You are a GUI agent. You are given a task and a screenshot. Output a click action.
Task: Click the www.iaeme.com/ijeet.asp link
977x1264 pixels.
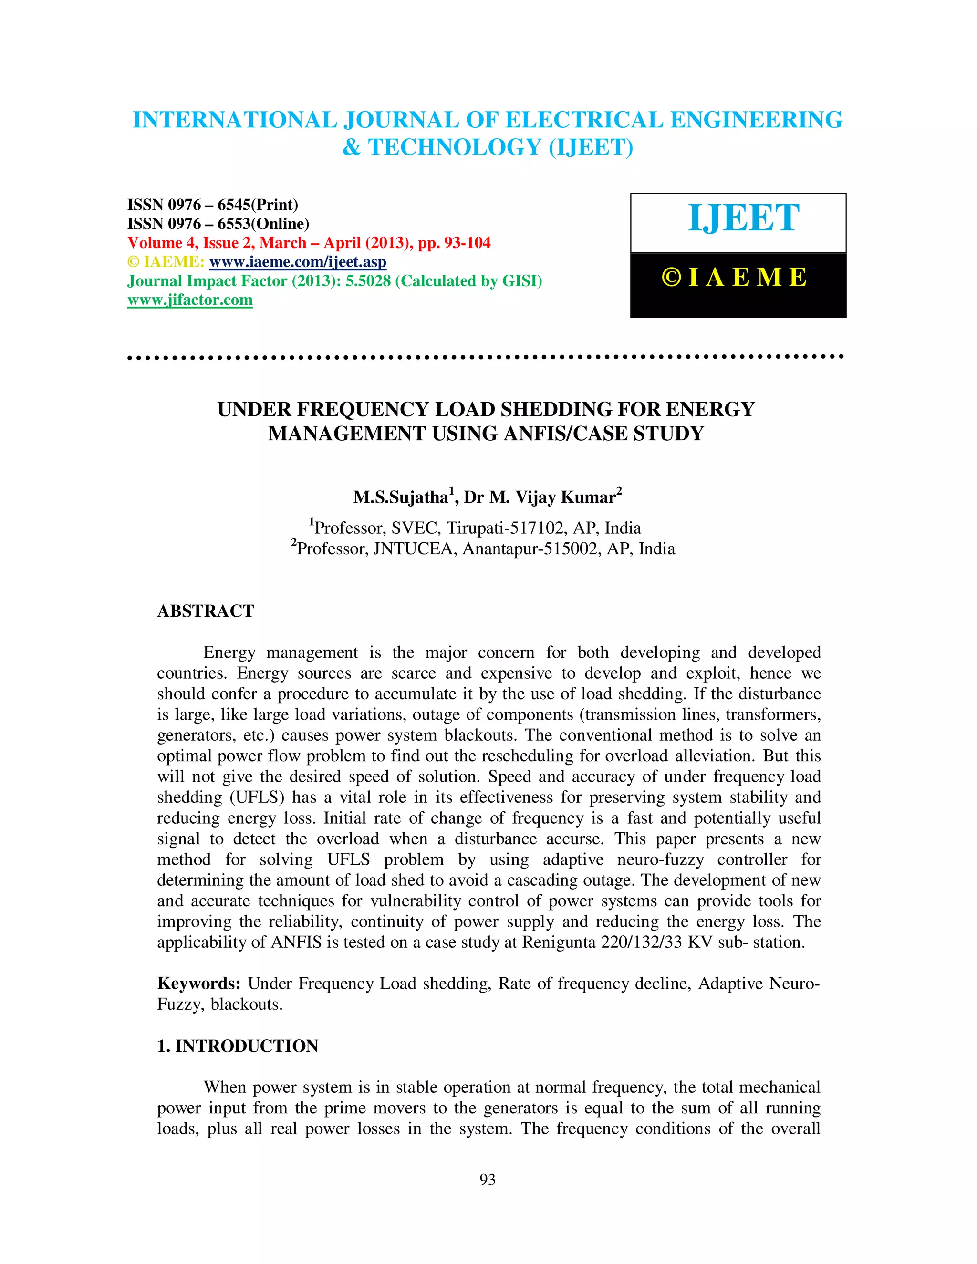tap(298, 262)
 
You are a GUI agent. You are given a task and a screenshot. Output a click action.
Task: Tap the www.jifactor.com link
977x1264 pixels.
tap(190, 300)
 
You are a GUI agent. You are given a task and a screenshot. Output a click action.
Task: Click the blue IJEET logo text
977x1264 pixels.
tap(743, 219)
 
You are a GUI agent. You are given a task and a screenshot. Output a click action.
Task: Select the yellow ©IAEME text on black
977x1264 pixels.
tap(735, 278)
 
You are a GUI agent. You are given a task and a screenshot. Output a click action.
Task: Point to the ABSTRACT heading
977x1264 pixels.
tap(206, 611)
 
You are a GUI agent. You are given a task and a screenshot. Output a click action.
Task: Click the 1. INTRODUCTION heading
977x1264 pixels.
tap(238, 1046)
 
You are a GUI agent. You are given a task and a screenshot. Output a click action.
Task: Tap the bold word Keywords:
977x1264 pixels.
tap(198, 984)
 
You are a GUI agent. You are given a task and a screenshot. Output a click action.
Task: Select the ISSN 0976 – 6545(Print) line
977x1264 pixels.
tap(212, 205)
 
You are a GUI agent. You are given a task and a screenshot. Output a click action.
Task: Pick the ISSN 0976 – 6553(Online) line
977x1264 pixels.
tap(218, 224)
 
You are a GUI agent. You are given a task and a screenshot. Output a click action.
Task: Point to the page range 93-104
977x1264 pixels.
tap(467, 243)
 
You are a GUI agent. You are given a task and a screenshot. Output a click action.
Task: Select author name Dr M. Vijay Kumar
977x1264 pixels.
tap(540, 497)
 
